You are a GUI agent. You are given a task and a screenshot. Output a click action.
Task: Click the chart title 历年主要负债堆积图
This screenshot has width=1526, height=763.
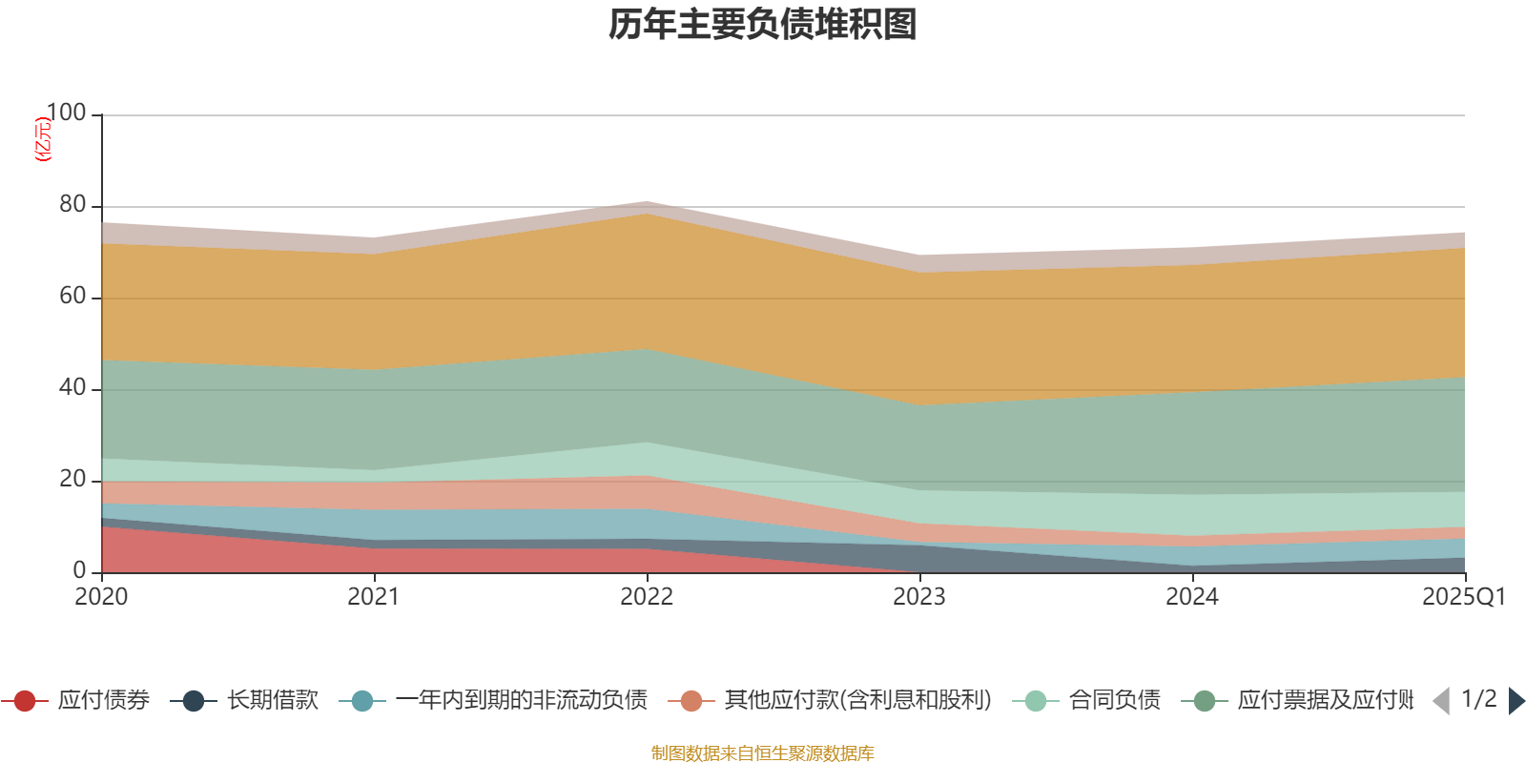tap(763, 25)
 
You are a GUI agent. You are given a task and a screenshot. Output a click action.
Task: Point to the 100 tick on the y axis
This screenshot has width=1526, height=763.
tap(66, 113)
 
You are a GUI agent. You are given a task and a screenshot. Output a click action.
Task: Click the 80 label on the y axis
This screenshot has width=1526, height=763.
tap(72, 204)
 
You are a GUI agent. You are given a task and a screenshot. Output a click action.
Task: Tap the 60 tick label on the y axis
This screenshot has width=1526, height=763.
tap(72, 296)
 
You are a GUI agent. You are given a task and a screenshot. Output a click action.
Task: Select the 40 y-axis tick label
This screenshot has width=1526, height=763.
tap(72, 387)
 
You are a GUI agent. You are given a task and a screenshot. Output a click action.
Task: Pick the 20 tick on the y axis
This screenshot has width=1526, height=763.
tap(72, 479)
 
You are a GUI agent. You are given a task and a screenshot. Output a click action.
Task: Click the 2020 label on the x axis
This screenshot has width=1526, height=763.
tap(101, 597)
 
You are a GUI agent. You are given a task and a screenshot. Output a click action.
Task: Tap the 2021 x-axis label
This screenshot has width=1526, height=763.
tap(374, 597)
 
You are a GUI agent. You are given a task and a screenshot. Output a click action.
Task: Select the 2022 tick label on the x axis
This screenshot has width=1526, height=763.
tap(647, 597)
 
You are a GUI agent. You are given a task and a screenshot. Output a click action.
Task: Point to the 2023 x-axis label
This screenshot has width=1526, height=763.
tap(919, 597)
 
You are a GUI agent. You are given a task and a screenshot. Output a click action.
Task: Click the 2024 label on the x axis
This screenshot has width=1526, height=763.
tap(1192, 597)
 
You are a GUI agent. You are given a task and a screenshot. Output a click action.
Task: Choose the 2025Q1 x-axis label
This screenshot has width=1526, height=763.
tap(1463, 597)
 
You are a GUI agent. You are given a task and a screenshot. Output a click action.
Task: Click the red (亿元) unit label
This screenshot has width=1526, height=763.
tap(42, 139)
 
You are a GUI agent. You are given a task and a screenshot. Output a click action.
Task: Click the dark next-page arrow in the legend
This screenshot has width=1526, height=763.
tap(1516, 701)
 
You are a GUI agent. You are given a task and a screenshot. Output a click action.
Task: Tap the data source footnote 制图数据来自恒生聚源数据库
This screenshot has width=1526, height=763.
tap(763, 753)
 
